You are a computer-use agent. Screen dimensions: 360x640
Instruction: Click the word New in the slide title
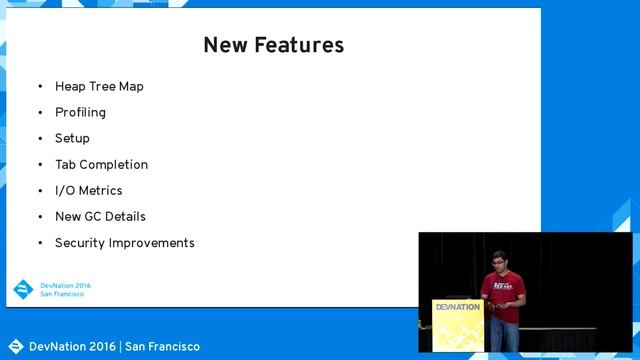coord(223,45)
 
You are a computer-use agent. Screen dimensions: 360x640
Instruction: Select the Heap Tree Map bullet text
coord(99,87)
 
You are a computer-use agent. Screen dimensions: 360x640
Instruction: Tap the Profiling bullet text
coord(80,113)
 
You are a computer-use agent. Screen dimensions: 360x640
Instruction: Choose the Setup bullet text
coord(72,139)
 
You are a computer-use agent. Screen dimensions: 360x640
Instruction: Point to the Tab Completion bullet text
coord(101,165)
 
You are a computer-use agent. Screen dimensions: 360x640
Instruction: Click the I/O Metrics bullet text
coord(88,191)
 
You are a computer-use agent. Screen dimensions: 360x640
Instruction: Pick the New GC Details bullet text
coord(100,217)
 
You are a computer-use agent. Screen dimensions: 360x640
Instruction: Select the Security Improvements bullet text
coord(124,243)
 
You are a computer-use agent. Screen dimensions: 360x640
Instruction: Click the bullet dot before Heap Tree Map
coord(41,87)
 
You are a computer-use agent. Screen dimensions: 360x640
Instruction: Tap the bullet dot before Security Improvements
coord(41,243)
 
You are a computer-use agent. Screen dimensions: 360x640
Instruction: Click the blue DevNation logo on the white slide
coord(23,289)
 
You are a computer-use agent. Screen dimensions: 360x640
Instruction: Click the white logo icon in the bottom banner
coord(15,347)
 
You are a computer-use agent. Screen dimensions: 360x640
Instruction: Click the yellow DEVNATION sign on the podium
coord(458,308)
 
